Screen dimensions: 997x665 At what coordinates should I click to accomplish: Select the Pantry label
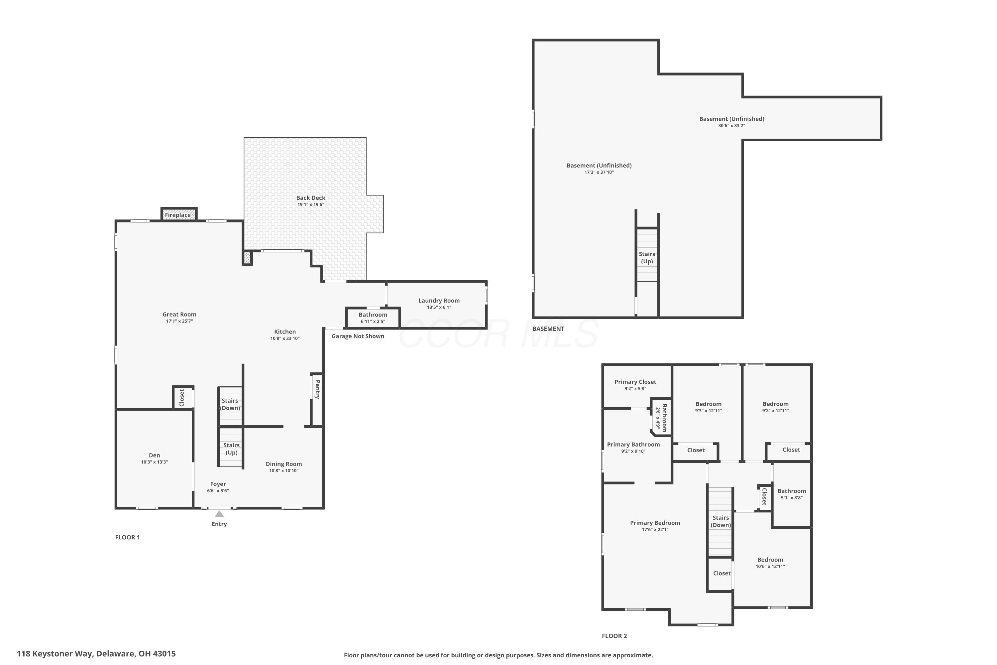coord(317,389)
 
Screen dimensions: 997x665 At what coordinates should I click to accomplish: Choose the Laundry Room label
coord(439,301)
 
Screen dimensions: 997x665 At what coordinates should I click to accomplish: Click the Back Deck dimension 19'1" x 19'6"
coord(311,204)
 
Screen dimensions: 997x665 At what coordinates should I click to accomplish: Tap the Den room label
coord(154,455)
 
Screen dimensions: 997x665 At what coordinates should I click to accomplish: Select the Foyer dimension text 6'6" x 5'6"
coord(218,491)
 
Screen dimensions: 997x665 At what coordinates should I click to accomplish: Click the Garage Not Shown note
coord(358,336)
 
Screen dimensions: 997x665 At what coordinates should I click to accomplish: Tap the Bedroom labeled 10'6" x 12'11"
coord(770,563)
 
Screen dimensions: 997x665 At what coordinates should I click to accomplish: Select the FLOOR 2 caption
coord(614,636)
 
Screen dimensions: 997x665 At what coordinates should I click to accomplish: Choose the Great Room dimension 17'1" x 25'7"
coord(179,321)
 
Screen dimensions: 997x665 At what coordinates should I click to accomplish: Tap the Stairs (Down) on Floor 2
coord(720,521)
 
